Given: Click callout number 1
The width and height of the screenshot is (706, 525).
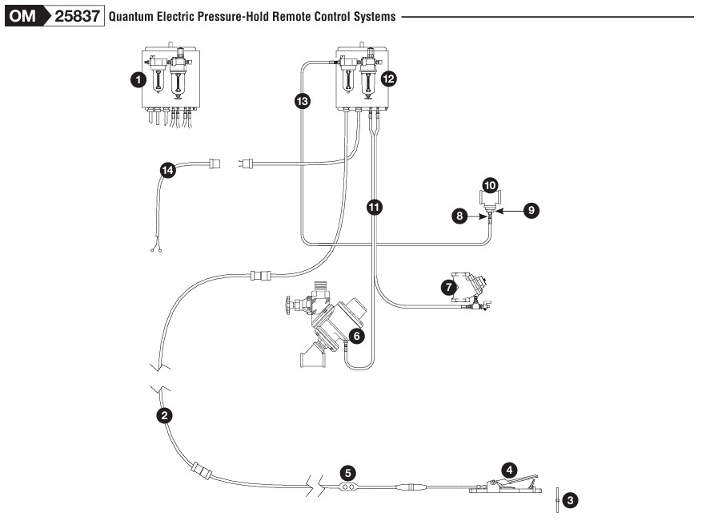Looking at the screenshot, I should (x=138, y=79).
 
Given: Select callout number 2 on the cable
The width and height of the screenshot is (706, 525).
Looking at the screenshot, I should (x=164, y=415).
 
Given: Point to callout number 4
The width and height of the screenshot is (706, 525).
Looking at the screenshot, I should (x=508, y=469).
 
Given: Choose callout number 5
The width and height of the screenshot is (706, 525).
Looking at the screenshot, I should (x=347, y=471).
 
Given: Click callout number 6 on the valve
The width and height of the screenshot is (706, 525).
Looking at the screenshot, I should (x=357, y=337).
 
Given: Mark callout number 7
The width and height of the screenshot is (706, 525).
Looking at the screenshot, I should (x=449, y=285).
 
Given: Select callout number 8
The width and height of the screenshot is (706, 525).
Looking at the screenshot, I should (x=459, y=216).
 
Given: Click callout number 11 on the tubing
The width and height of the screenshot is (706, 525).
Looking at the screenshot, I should (x=374, y=207).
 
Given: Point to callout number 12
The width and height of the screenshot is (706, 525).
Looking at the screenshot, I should (x=389, y=79).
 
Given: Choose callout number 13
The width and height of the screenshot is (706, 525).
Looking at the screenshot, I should (x=302, y=100).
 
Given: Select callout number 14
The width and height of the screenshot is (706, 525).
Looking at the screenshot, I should (x=167, y=170).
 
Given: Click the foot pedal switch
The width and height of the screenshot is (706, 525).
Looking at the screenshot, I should (x=500, y=486).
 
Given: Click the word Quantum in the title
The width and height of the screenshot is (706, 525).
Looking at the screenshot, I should (x=131, y=17).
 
